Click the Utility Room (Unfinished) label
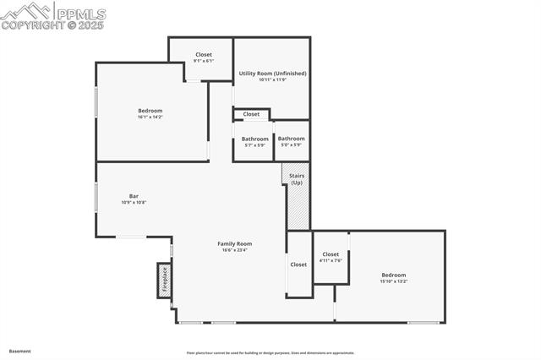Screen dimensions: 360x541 click(272, 74)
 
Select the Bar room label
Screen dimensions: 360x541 click(134, 196)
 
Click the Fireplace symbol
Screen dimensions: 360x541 click(164, 281)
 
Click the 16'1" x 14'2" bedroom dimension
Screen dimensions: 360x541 click(150, 117)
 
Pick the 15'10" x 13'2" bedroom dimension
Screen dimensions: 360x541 click(393, 281)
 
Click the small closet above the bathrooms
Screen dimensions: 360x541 click(251, 114)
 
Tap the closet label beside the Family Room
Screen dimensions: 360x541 click(298, 265)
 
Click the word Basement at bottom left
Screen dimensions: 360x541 click(19, 350)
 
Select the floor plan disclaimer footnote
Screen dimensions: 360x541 click(270, 353)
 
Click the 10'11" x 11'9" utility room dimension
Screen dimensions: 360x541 click(272, 80)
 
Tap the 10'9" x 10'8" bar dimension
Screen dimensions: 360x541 click(134, 203)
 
